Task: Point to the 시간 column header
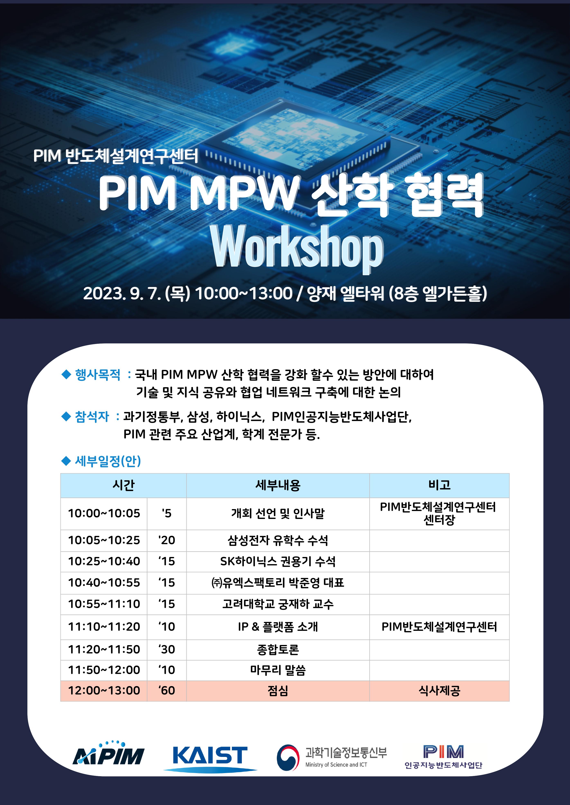[x=123, y=485]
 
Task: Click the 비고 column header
[x=439, y=485]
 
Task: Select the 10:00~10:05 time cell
[x=104, y=513]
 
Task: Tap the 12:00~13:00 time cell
[x=104, y=690]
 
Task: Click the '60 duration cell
[x=167, y=690]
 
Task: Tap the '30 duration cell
[x=167, y=649]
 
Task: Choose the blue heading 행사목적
[x=98, y=375]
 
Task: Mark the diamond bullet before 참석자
[x=66, y=417]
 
